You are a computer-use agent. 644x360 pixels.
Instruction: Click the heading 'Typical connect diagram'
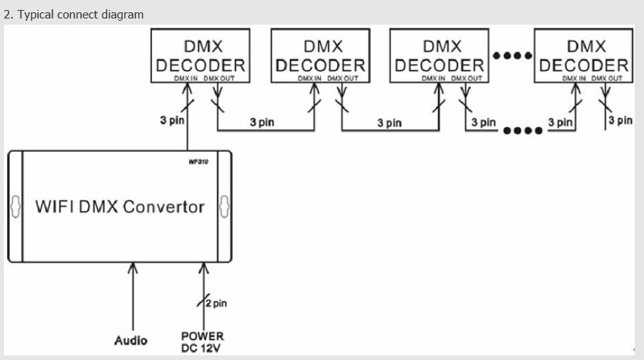point(80,15)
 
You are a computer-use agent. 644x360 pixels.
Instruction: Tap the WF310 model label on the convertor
point(198,162)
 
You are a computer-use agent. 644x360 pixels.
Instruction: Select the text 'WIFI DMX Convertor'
point(120,207)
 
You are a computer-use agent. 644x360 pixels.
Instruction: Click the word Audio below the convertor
point(130,340)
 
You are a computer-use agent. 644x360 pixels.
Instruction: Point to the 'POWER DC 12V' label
point(203,342)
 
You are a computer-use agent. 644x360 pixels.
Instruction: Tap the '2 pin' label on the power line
point(217,304)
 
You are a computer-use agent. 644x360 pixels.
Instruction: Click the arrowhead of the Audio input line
point(133,268)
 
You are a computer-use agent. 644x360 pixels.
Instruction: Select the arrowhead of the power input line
point(204,268)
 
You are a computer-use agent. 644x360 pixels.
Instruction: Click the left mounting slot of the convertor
point(15,207)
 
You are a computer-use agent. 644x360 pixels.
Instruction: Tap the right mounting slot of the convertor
point(224,207)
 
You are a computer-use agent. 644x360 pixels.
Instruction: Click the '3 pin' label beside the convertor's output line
point(172,120)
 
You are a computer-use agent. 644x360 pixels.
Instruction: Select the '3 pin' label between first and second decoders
point(261,122)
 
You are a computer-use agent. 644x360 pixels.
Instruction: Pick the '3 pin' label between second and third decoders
point(389,123)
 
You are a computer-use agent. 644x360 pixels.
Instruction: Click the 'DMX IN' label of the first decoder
point(186,79)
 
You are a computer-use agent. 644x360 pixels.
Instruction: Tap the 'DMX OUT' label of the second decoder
point(342,79)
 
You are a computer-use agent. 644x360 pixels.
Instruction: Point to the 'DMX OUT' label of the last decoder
point(607,79)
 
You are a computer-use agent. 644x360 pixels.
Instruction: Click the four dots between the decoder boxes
point(512,56)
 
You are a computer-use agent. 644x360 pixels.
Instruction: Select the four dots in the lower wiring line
point(523,130)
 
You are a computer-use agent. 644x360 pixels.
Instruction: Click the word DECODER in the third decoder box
point(439,66)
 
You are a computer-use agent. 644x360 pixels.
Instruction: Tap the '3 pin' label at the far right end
point(620,120)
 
